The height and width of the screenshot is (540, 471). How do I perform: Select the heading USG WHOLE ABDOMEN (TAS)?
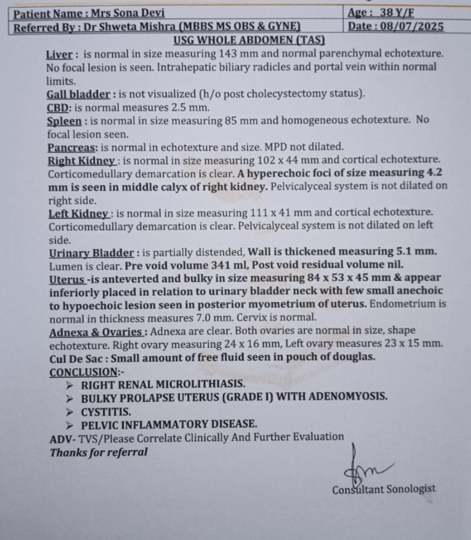[249, 40]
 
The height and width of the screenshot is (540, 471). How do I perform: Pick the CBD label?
[57, 108]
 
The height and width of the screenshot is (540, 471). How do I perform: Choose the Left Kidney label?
[79, 214]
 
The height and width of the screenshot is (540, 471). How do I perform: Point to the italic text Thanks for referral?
[99, 453]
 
